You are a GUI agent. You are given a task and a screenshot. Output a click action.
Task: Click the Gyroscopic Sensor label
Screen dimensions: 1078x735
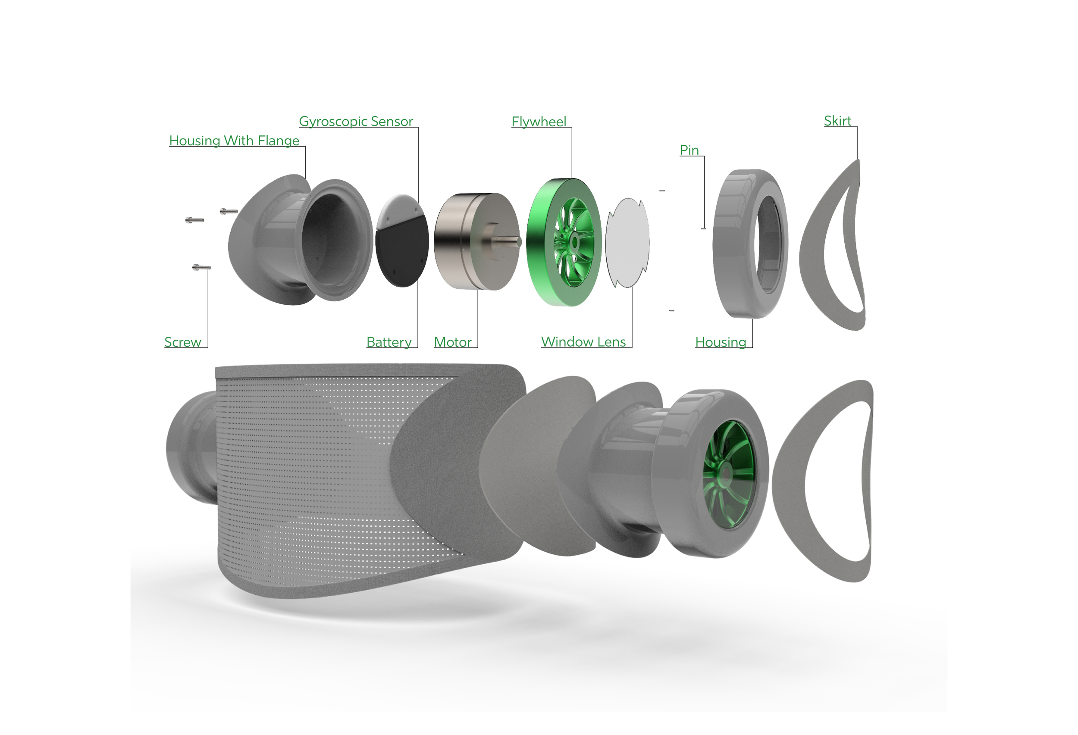coord(356,122)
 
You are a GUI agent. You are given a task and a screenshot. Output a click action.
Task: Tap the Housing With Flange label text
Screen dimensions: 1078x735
coord(234,141)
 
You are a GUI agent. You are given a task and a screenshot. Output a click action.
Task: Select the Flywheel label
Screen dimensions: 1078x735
coord(539,122)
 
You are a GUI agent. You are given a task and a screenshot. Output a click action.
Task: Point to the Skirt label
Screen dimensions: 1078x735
coord(837,121)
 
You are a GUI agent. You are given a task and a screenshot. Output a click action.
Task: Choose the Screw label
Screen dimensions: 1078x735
coord(183,342)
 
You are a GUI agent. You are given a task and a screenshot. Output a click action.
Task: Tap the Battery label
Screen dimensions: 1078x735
coord(389,342)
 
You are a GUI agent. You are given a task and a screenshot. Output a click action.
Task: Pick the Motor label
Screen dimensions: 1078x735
coord(453,342)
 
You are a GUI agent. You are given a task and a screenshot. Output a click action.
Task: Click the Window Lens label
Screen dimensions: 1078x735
coord(583,342)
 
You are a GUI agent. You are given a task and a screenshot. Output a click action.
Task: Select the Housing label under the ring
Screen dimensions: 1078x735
coord(721,342)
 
